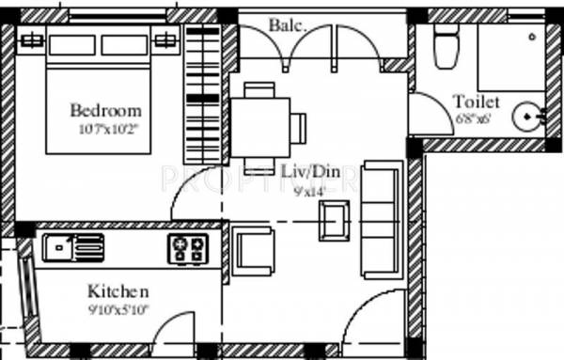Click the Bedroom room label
[105, 111]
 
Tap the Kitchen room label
[117, 290]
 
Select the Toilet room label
[476, 102]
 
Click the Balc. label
[288, 25]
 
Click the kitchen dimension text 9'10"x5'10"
[118, 307]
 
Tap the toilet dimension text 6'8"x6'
[475, 117]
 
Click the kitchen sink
[73, 247]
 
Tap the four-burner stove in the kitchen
[187, 249]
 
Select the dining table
[260, 125]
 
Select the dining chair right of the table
[298, 125]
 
